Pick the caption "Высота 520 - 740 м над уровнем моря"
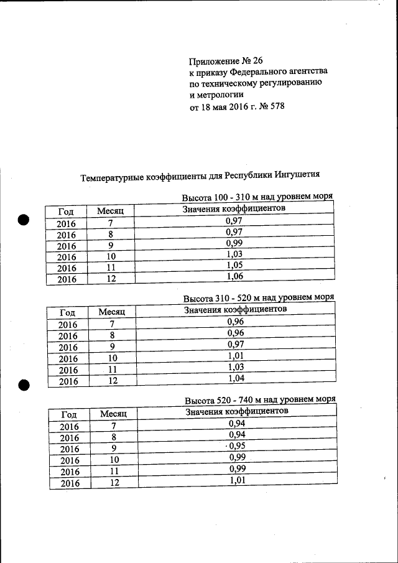pos(259,399)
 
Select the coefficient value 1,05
pos(234,266)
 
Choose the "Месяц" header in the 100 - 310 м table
pos(111,212)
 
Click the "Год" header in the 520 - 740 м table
pos(69,414)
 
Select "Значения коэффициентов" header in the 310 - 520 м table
pos(236,309)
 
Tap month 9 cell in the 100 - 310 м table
pos(111,245)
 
